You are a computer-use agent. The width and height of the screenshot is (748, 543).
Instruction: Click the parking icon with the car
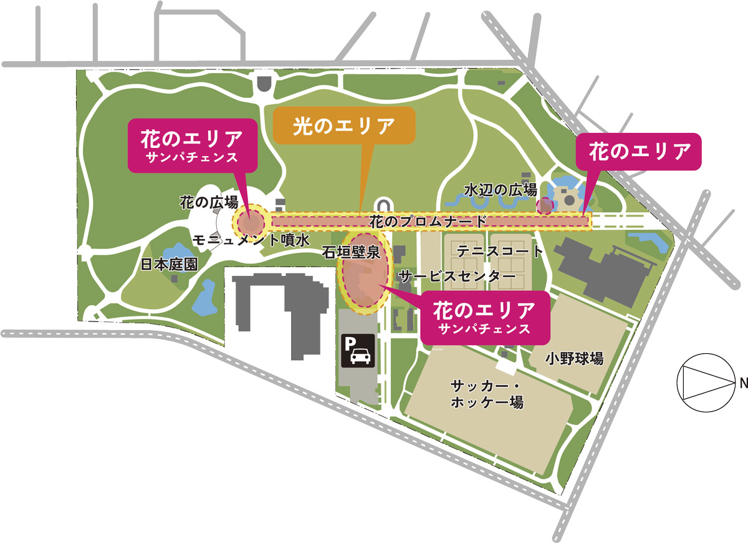point(358,350)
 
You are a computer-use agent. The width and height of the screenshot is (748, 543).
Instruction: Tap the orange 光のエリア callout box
point(344,126)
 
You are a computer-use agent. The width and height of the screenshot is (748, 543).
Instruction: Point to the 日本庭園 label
point(169,264)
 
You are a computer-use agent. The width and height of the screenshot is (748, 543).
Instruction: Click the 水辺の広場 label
point(501,190)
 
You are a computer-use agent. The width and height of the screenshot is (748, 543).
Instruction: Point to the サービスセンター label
point(458,275)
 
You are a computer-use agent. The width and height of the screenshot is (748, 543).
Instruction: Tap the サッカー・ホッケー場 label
point(486,394)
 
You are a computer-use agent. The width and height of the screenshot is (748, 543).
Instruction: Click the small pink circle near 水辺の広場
point(545,205)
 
